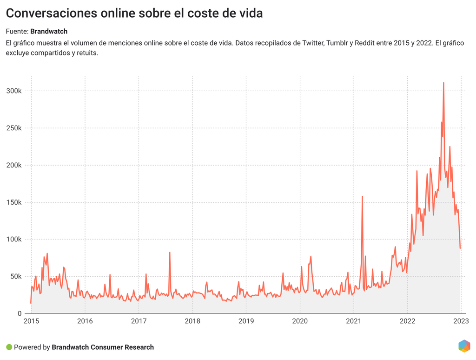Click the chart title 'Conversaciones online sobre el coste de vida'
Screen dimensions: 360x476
click(134, 13)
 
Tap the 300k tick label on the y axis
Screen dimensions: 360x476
click(13, 91)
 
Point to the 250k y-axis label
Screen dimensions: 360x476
click(13, 128)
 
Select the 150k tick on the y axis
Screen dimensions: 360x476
click(13, 202)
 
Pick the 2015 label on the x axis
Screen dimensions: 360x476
click(31, 321)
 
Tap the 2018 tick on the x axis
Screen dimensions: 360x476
click(192, 321)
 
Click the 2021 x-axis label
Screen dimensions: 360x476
click(354, 321)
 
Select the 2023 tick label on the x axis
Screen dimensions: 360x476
click(461, 321)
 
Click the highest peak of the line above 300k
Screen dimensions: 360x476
click(443, 83)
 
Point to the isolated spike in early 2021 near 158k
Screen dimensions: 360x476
click(362, 197)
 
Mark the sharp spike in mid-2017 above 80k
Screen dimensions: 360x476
click(170, 253)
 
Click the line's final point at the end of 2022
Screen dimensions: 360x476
click(460, 248)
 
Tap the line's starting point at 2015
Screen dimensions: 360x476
click(31, 303)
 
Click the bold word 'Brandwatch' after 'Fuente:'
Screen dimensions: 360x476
click(49, 31)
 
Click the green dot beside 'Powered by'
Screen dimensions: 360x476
click(9, 347)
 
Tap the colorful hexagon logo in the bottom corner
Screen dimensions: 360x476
click(464, 346)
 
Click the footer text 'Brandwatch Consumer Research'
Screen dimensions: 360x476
click(103, 347)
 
